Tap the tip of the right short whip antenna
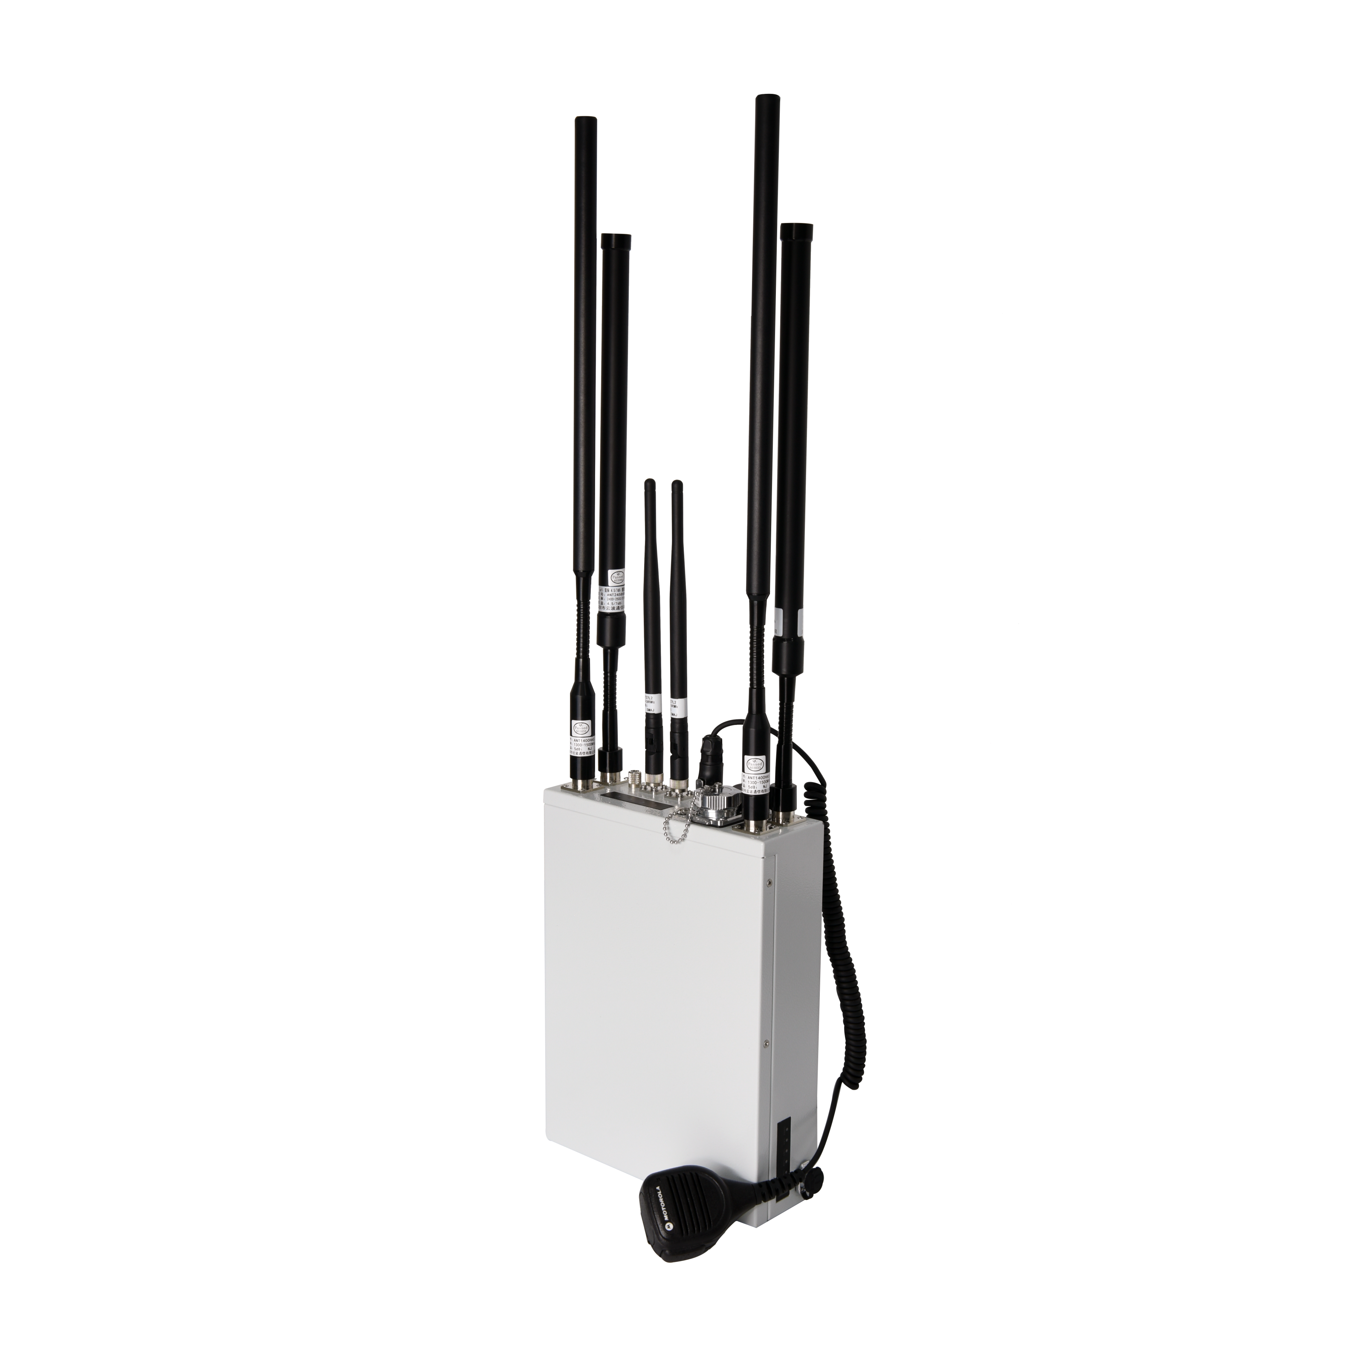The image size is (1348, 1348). click(x=675, y=483)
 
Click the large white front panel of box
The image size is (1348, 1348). click(x=656, y=1012)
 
